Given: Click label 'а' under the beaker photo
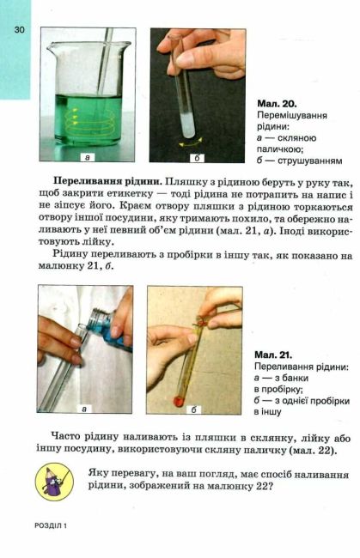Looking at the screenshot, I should (x=87, y=158).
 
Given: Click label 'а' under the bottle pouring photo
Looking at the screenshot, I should (x=84, y=409).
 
